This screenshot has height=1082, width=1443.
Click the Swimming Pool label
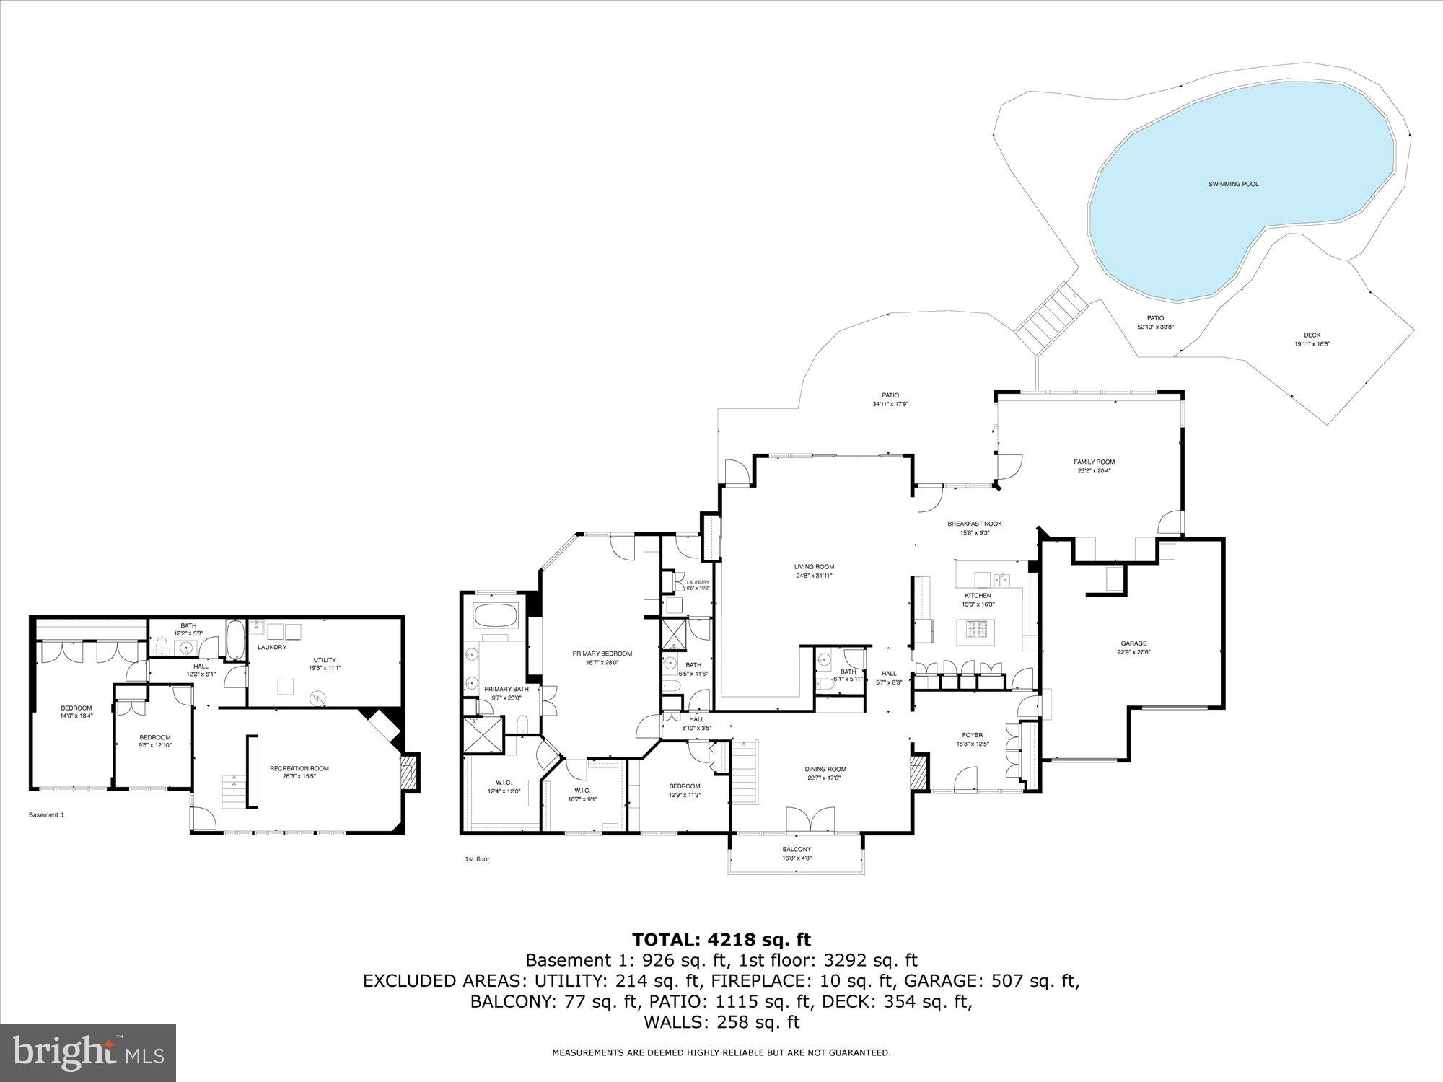click(x=1233, y=185)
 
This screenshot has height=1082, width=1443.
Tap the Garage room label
click(x=1133, y=643)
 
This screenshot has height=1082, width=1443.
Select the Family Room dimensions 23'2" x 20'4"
click(x=1095, y=472)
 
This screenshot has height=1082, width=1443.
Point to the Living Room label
click(x=814, y=566)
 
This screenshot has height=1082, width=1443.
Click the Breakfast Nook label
click(x=974, y=524)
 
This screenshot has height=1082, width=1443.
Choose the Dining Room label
click(x=825, y=769)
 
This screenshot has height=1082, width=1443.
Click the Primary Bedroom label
click(x=602, y=654)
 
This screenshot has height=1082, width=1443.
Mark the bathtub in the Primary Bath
click(x=496, y=615)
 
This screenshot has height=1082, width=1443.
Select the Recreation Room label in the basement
click(x=299, y=768)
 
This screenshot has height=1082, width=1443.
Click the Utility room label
click(x=325, y=659)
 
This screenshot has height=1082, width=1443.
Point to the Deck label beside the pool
click(x=1312, y=335)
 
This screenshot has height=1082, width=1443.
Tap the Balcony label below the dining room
click(x=797, y=849)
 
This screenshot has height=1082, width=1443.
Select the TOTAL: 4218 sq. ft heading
click(x=721, y=939)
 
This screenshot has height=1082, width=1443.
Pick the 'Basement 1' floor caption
click(x=46, y=815)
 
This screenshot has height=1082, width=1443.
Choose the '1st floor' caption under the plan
click(x=477, y=859)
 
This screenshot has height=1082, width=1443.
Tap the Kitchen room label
click(x=978, y=596)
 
